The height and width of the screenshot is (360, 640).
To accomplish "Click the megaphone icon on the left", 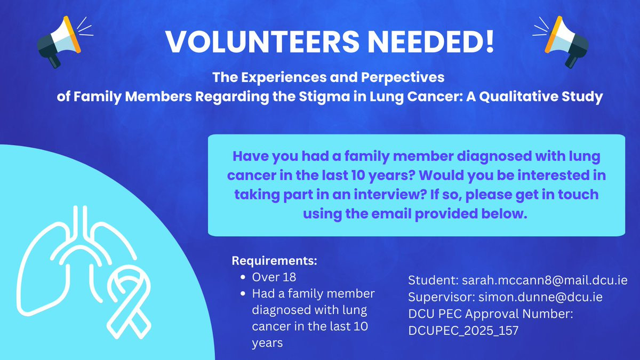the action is coord(59,42).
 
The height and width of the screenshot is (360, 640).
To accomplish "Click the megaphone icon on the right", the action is coord(566,42).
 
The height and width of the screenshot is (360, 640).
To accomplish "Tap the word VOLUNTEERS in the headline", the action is coord(262,42).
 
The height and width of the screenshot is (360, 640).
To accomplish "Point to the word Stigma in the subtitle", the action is coord(324,97).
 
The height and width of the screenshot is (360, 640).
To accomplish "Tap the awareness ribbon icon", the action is coord(129,302).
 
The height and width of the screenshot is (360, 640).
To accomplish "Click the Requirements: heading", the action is coord(274,261).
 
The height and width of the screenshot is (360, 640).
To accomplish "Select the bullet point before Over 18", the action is coord(243,277).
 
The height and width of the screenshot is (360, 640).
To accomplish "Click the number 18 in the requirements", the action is coord(289,277).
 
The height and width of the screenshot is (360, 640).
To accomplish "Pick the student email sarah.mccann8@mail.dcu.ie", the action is coord(545,281).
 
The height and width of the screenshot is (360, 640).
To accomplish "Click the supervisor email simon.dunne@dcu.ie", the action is coord(541,297).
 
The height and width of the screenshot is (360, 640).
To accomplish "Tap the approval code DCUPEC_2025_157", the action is coord(463,331).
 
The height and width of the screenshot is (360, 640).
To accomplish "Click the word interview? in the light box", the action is coord(390,195).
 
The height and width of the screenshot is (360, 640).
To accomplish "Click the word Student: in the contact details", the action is coord(433,281).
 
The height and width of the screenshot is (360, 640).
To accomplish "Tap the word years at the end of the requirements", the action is coord(267,343).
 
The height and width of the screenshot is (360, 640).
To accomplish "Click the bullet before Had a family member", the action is coord(243,294).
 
